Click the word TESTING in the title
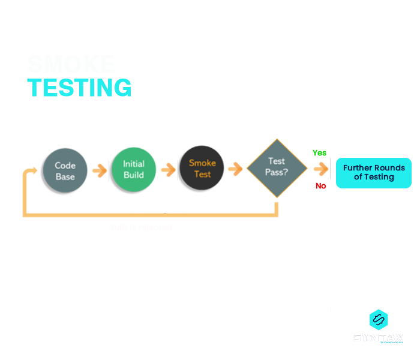coord(79,88)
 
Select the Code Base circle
coord(65,170)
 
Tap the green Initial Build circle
coord(133,169)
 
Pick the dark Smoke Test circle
coord(202,169)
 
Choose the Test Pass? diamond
coord(276,168)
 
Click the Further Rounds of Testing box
coord(373,172)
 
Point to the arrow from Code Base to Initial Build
coord(97,172)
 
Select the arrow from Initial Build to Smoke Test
coord(168,170)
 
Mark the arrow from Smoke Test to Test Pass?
coord(235,169)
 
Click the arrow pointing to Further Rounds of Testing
coord(320,170)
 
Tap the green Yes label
coord(319,153)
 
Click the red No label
coord(321,186)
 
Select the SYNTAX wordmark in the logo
coord(378,337)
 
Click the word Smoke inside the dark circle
coord(202,163)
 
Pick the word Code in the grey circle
coord(65,166)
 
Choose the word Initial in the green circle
coord(133,164)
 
